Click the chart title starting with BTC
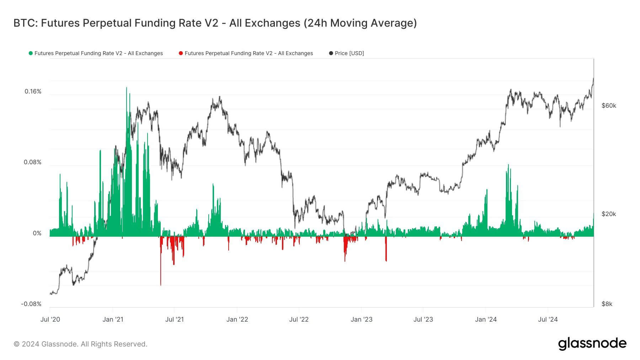coord(215,23)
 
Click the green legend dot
coord(31,53)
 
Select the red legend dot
coord(181,53)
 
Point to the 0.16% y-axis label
coord(33,91)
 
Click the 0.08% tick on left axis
coord(32,162)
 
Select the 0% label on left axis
coord(37,233)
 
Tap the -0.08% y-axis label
coord(31,304)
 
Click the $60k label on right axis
coord(609,106)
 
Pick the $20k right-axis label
coord(609,214)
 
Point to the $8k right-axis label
coord(607,304)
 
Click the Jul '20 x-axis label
coord(50,319)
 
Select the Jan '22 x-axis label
coord(237,319)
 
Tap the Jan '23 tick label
coord(361,319)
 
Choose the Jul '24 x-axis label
coord(548,319)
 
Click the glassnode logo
coord(592,344)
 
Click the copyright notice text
coord(80,344)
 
